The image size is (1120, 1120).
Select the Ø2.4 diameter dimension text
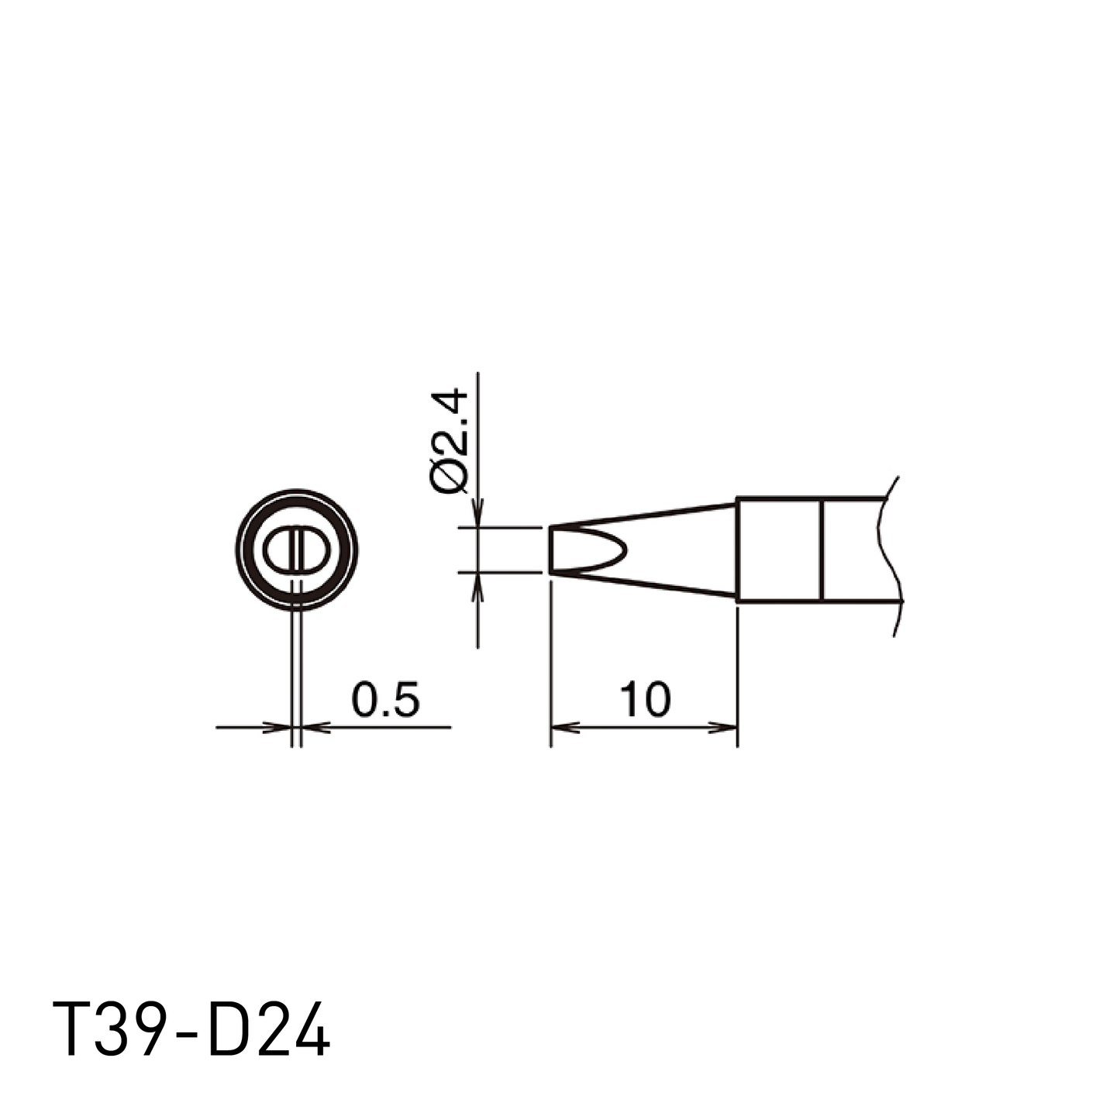450,442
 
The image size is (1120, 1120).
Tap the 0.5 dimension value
385,700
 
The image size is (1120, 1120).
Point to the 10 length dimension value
645,700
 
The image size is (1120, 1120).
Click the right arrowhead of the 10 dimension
722,726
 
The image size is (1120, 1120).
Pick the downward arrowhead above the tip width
477,513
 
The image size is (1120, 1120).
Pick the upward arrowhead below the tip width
477,587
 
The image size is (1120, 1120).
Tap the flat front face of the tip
550,550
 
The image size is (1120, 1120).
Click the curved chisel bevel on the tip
624,550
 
